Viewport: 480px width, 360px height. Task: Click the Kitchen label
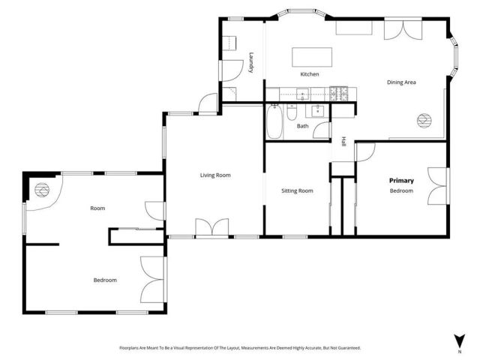click(x=310, y=74)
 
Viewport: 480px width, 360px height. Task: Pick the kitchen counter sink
click(x=303, y=94)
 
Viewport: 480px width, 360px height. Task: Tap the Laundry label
click(x=252, y=61)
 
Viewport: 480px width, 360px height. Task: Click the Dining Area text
click(x=401, y=82)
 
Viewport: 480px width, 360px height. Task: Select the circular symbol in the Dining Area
click(x=424, y=119)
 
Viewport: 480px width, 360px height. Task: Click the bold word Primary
click(x=401, y=181)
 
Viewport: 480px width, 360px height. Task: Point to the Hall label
click(x=343, y=141)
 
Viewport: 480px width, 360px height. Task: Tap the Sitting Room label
click(x=296, y=191)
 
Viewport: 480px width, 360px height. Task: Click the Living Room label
click(x=215, y=175)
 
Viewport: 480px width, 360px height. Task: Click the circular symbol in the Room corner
click(x=40, y=190)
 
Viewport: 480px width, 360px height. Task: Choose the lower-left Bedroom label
click(x=105, y=280)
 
